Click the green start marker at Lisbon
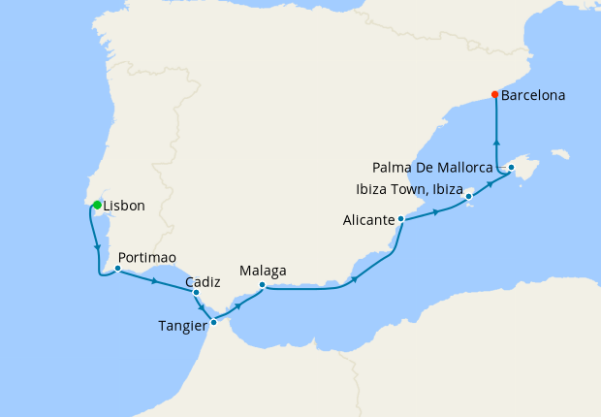[97, 205]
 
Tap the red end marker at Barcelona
[495, 95]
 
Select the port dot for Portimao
[117, 269]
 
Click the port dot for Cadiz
[196, 292]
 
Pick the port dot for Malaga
[263, 285]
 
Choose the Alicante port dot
[400, 219]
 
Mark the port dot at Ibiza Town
[469, 197]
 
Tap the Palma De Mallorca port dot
[511, 168]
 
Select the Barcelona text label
[533, 96]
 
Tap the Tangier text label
[182, 326]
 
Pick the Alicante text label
[368, 220]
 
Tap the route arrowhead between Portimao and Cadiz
[155, 281]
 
